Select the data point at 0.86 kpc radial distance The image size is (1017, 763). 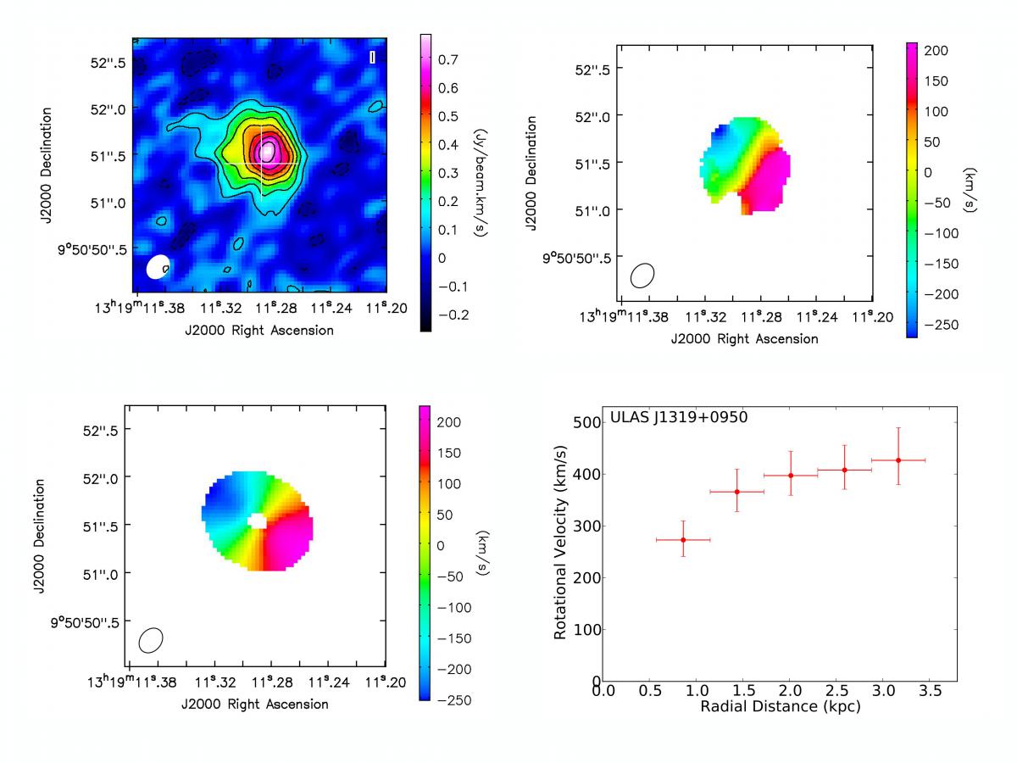point(683,539)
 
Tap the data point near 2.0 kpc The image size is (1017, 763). point(791,476)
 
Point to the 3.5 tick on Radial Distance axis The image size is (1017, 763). point(930,691)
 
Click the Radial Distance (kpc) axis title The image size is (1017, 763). point(780,706)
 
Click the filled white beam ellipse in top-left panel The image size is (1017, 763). point(158,266)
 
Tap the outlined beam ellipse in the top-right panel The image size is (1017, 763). point(642,275)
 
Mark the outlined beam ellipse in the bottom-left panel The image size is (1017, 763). point(151,640)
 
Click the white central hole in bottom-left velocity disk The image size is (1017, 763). point(257,521)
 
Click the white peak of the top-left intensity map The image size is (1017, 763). point(267,151)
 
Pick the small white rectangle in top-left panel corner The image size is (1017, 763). point(373,58)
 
